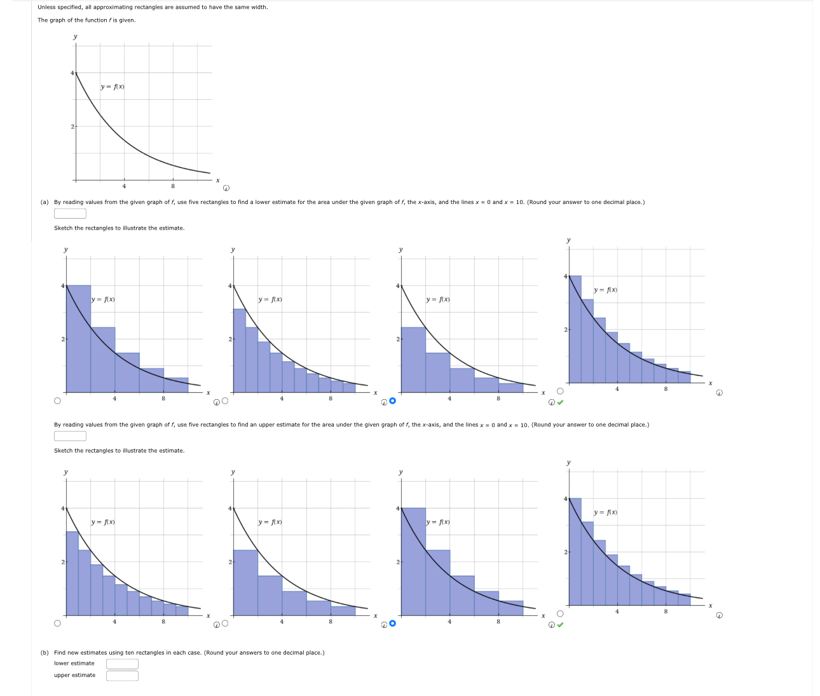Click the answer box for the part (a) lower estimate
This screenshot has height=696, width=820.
click(x=70, y=214)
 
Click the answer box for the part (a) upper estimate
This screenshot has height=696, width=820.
click(x=70, y=436)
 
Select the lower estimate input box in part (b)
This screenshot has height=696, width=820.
click(x=122, y=664)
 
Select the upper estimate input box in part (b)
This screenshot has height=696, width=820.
click(x=122, y=676)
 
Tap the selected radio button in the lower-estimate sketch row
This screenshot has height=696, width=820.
click(x=392, y=400)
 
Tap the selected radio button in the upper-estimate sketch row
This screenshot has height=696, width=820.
click(x=392, y=623)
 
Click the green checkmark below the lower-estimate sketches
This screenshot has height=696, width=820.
click(x=560, y=402)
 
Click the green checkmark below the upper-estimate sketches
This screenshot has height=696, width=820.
click(x=560, y=624)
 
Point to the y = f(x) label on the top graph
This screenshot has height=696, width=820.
click(x=113, y=86)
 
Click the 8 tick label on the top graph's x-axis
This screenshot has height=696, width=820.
click(x=173, y=186)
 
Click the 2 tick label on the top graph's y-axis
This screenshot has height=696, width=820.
click(x=72, y=126)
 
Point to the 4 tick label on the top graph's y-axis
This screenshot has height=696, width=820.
click(x=72, y=73)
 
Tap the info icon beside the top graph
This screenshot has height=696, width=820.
click(x=226, y=188)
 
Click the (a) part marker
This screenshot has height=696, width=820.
click(x=44, y=202)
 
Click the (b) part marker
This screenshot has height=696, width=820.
click(x=44, y=653)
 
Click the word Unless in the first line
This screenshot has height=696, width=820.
click(x=46, y=7)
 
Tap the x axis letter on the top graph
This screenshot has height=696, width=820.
click(x=217, y=181)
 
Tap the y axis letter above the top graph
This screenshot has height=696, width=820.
click(x=75, y=36)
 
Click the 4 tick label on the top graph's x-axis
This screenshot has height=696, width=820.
click(x=124, y=186)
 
